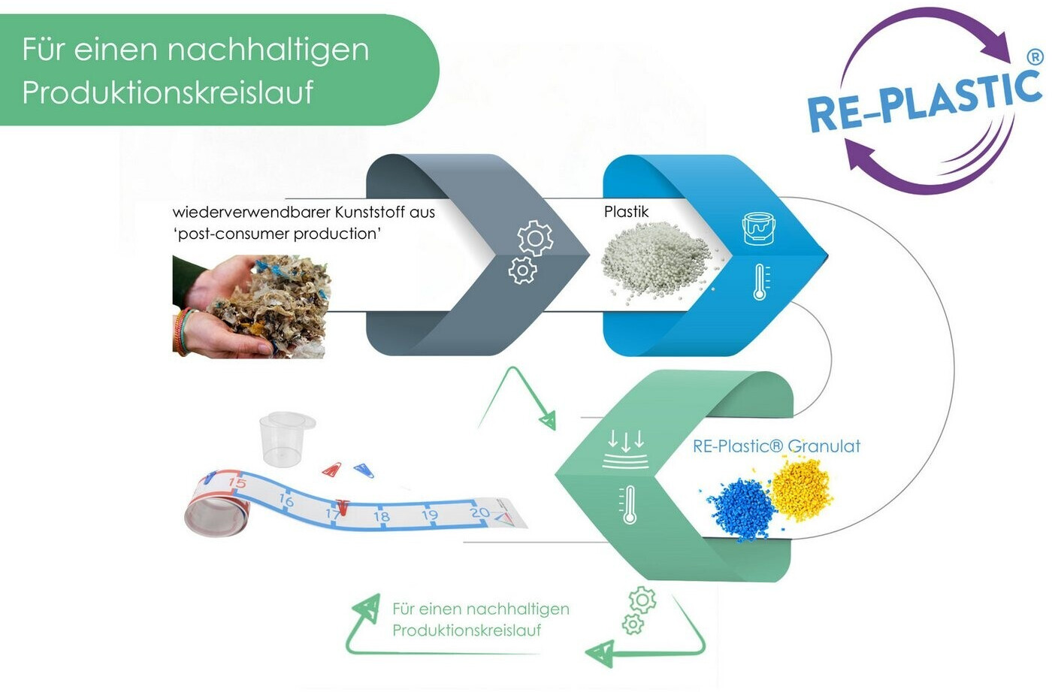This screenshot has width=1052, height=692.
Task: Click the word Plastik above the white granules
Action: click(626, 212)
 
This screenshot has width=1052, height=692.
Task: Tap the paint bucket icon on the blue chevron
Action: click(758, 228)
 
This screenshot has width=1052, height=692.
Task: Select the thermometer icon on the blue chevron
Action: click(760, 283)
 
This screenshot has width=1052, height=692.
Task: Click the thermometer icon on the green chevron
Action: click(628, 505)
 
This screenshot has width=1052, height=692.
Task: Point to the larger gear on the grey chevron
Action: click(535, 238)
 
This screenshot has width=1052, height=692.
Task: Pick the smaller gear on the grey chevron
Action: click(522, 270)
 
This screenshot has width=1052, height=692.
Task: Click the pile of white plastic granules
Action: click(658, 262)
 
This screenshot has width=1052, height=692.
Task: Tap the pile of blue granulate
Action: click(739, 509)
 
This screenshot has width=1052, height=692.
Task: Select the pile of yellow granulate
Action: click(801, 489)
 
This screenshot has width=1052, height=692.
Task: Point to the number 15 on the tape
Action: click(237, 482)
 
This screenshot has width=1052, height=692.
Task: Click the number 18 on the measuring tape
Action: click(382, 516)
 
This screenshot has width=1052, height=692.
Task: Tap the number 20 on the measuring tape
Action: click(479, 512)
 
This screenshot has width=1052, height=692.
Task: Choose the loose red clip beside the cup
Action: click(332, 469)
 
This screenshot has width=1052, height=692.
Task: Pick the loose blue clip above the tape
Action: click(364, 470)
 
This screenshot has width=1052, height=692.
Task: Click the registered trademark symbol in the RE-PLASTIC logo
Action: click(1035, 57)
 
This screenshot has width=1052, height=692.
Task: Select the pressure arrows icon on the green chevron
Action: click(626, 449)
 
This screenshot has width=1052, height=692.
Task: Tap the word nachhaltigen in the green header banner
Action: click(268, 50)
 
